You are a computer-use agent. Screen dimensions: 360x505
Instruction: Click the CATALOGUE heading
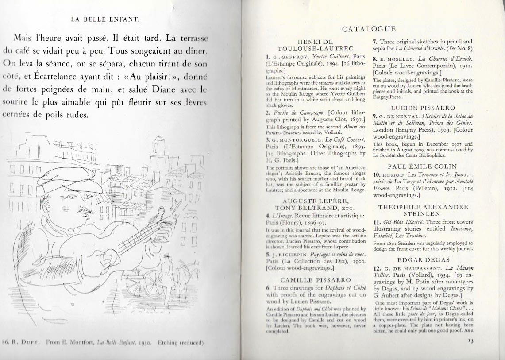369,29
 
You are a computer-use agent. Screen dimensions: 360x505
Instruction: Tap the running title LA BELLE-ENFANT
105,19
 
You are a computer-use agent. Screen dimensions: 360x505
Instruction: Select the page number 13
470,341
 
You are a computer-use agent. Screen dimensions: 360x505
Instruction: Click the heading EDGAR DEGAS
423,260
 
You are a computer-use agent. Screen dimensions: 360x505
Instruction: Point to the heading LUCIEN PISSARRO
423,108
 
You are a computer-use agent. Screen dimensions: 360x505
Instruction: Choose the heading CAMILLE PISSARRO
316,280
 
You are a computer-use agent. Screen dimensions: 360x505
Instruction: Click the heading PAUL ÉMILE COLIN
423,166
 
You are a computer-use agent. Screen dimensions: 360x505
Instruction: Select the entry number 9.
375,116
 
